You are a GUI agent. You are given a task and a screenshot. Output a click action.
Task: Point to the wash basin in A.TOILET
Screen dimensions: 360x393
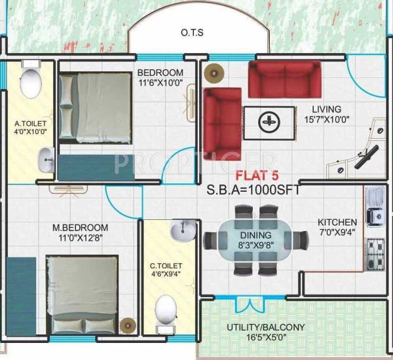tap(46, 158)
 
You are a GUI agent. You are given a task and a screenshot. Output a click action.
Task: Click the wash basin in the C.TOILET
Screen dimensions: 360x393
tap(182, 230)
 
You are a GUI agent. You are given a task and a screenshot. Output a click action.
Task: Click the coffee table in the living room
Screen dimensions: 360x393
tap(267, 120)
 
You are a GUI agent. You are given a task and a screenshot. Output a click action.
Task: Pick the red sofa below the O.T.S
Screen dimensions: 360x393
tap(284, 79)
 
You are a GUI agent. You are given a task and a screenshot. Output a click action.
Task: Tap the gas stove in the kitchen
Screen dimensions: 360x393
tap(376, 251)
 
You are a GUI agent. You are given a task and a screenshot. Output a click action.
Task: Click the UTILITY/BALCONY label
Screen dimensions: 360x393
tap(266, 327)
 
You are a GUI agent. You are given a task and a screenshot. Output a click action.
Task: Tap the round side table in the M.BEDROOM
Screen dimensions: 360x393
tap(128, 324)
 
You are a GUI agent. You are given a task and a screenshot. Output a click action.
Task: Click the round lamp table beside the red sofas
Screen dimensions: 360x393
tap(212, 73)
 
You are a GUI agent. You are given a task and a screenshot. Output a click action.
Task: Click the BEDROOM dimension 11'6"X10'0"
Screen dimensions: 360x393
tap(160, 83)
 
